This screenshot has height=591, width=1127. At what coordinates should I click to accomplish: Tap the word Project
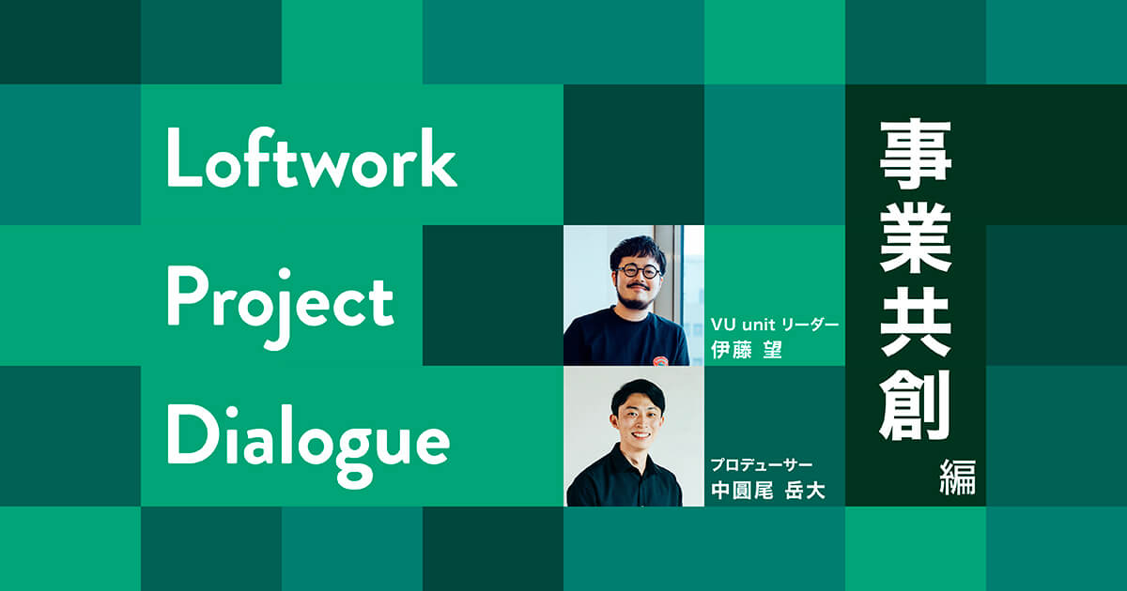pos(280,300)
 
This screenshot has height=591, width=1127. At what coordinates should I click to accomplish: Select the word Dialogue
pos(308,436)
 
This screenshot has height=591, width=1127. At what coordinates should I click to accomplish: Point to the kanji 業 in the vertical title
pos(916,242)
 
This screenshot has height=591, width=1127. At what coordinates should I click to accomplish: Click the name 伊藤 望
pos(748,350)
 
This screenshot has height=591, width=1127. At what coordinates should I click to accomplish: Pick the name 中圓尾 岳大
pos(767,490)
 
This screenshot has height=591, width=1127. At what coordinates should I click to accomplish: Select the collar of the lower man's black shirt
pos(637,460)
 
